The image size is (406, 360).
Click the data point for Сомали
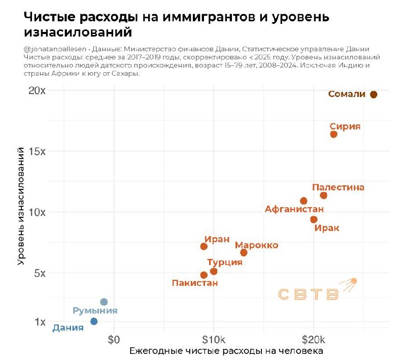374,94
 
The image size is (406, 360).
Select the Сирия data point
333,134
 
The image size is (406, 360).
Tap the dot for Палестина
323,195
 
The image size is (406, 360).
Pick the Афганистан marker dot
303,201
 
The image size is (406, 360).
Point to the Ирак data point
314,219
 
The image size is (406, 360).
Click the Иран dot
204,246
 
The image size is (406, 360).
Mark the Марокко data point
244,252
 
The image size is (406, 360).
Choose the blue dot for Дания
94,321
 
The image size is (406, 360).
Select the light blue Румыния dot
104,302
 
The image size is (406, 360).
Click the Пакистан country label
194,283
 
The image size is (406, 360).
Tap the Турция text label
224,262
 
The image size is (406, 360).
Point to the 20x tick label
37,91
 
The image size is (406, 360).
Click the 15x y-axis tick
37,151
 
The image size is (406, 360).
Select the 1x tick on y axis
40,321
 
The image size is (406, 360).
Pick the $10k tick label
213,339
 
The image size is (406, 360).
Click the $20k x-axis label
313,339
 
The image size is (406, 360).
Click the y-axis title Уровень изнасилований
21,206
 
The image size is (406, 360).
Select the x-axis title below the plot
226,351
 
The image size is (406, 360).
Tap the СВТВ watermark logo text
309,294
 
